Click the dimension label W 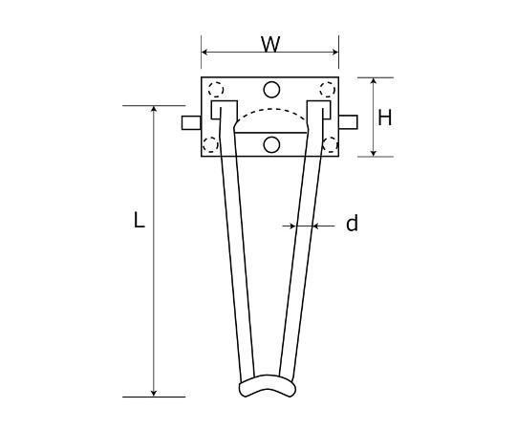(270, 44)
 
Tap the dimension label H (385, 118)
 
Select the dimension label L (140, 220)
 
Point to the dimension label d (352, 223)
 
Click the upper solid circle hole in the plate (271, 90)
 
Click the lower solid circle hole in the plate (271, 144)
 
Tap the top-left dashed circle (216, 89)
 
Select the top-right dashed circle (328, 89)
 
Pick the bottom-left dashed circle (210, 144)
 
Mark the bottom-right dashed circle (330, 144)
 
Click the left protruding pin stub (191, 122)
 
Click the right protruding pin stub (348, 122)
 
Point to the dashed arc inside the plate (271, 109)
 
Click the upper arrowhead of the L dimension (154, 109)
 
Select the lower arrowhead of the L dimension (154, 393)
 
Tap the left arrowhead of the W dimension (204, 52)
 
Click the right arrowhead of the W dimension (335, 52)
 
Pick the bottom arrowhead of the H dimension (374, 153)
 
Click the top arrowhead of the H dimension (374, 81)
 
